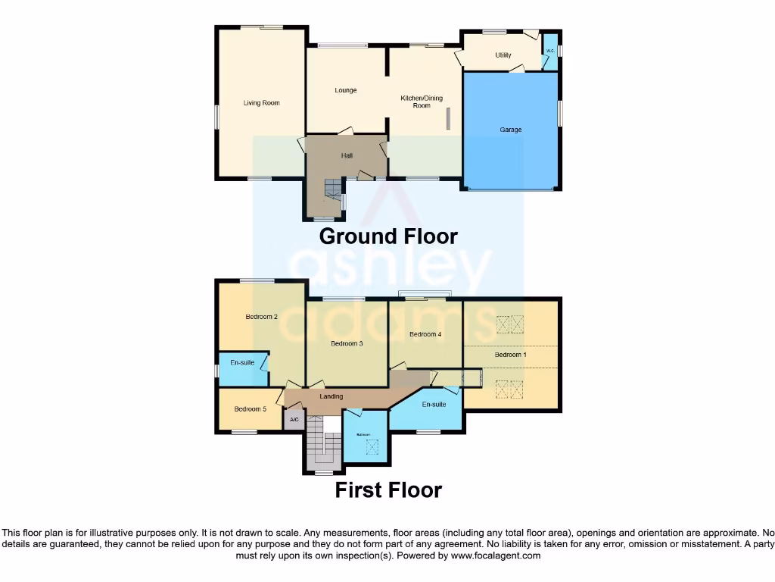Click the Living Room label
coord(261,103)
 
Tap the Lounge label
coord(346,90)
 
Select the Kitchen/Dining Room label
coord(422,102)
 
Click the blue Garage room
coord(511,130)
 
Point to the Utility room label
coord(503,55)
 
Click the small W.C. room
coord(550,52)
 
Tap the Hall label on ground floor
coord(347,155)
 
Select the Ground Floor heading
coord(388,236)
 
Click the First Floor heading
coord(388,490)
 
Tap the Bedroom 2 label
coord(261,317)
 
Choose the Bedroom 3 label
coord(347,343)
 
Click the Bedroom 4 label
coord(425,334)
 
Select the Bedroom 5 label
coord(250,409)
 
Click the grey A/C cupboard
coord(294,421)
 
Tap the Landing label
coord(331,396)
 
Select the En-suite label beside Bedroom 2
coord(242,363)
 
